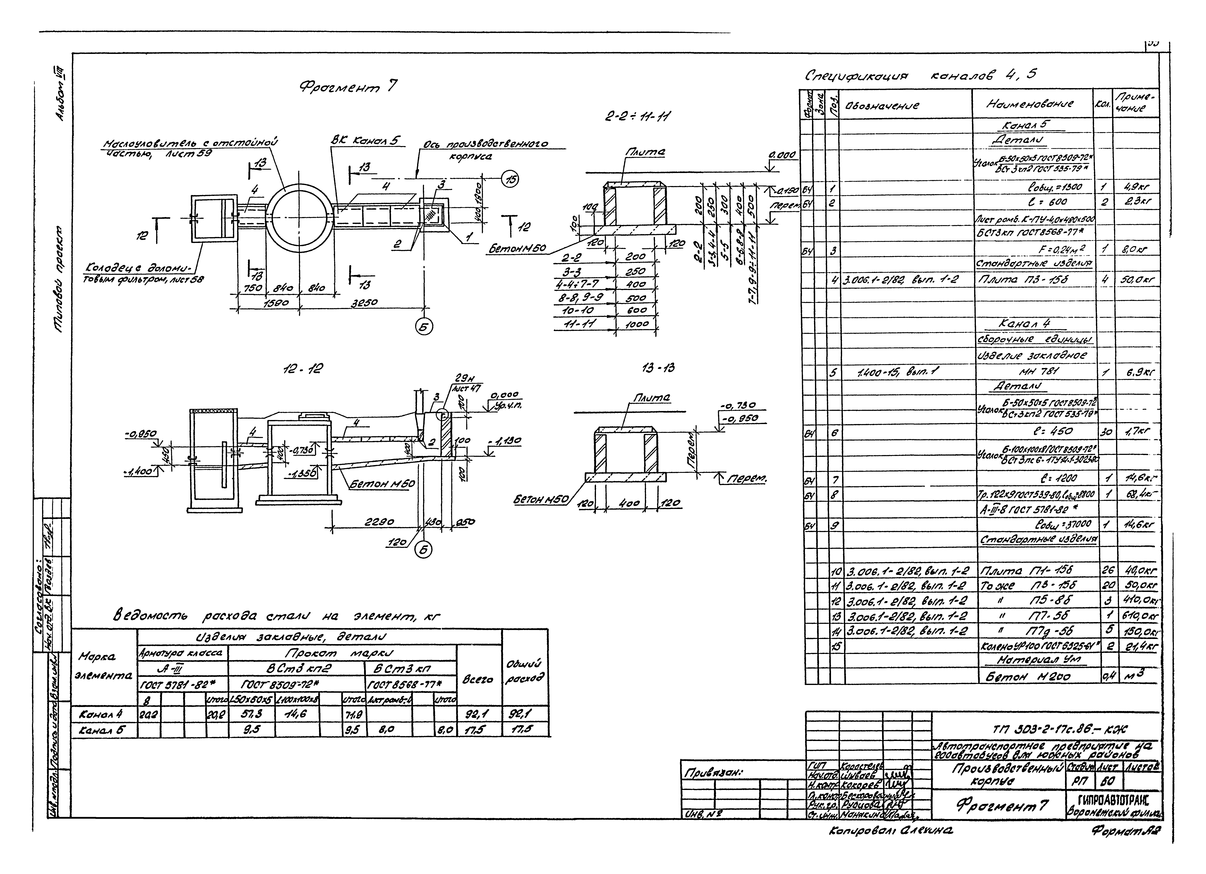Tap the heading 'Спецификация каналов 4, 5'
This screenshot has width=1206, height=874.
click(920, 75)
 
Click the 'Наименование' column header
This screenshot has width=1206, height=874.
click(1032, 104)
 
